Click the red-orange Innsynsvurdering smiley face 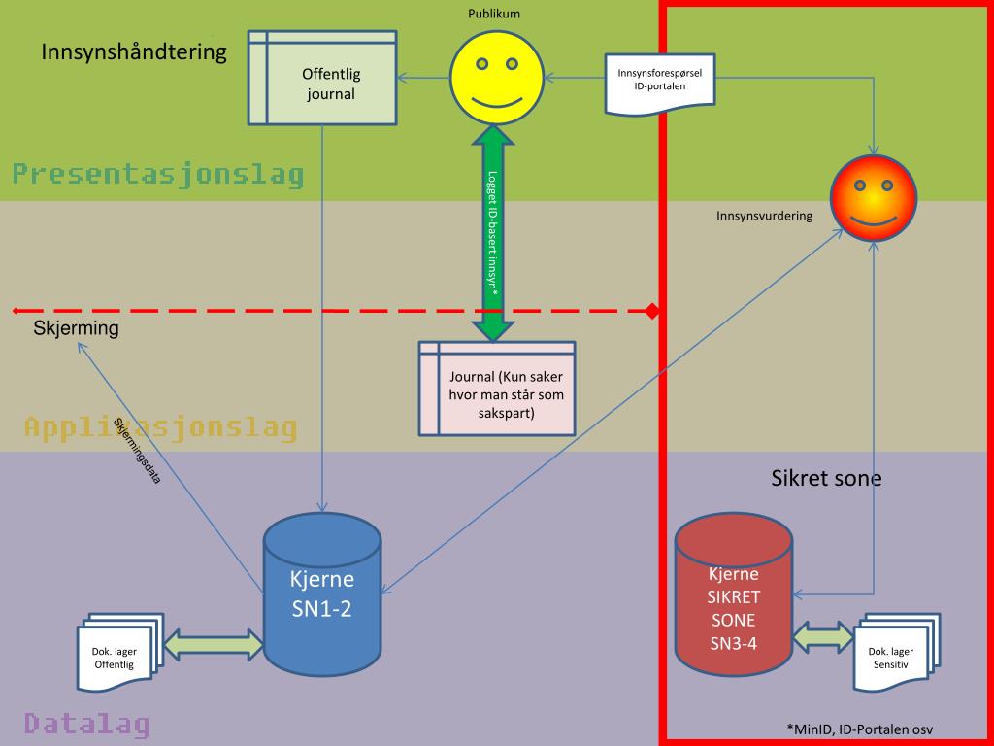[874, 198]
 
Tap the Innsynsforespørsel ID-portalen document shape [660, 84]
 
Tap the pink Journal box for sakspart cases [497, 388]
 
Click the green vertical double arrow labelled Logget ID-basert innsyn [495, 234]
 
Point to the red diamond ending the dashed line [653, 311]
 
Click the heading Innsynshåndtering [134, 51]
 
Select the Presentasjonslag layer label [158, 175]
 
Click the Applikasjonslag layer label [160, 427]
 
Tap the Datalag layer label [86, 724]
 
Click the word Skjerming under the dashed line [76, 328]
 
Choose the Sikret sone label [826, 478]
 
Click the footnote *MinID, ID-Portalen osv [860, 729]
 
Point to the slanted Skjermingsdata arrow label [137, 451]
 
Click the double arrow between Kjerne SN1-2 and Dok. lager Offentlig [215, 643]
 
